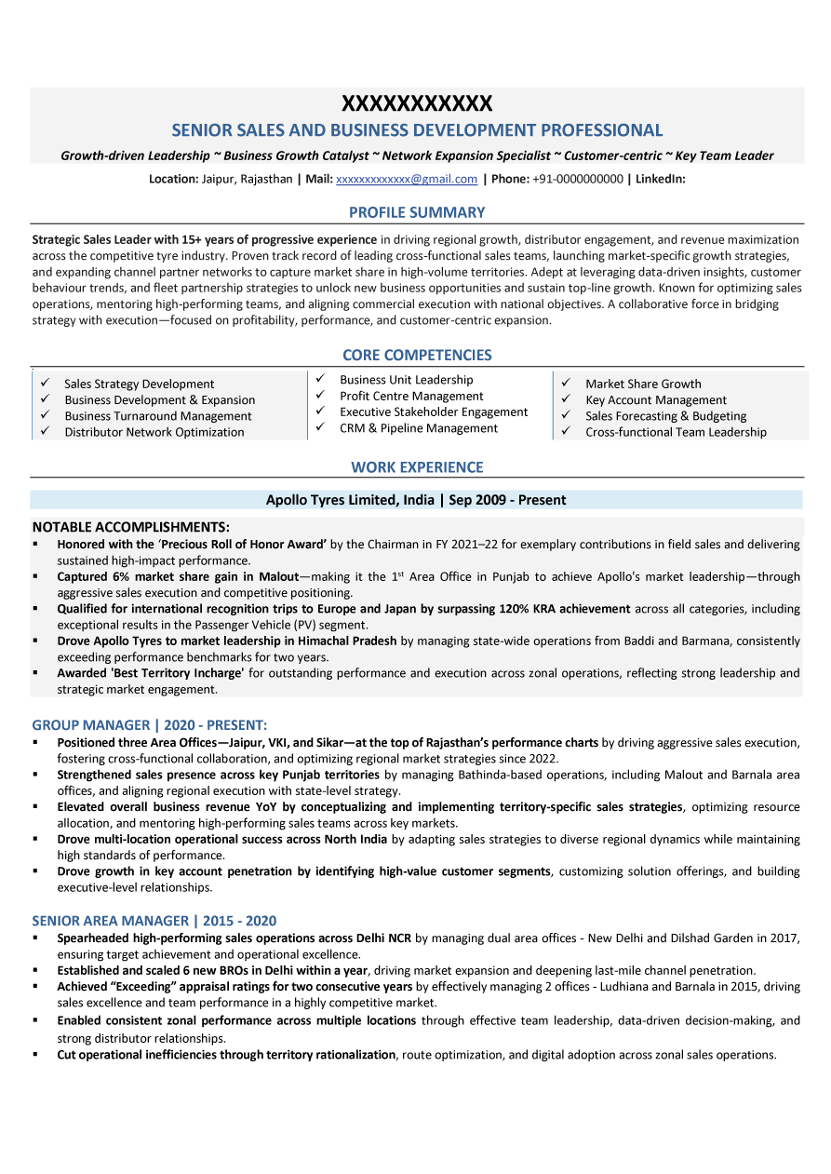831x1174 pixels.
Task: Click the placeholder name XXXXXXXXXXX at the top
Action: (x=416, y=103)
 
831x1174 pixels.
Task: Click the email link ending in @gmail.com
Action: (x=406, y=179)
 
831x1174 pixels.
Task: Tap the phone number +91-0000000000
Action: (x=578, y=179)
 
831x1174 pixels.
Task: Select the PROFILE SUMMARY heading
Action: (x=416, y=212)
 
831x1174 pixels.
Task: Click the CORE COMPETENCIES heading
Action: (x=416, y=355)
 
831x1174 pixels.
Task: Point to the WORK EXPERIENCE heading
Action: (x=416, y=467)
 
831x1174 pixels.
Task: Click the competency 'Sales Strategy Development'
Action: (x=139, y=384)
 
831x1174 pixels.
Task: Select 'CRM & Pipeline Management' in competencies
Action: (x=419, y=428)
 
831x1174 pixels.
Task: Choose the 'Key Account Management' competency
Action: (x=655, y=400)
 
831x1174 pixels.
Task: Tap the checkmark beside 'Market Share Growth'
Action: (x=565, y=383)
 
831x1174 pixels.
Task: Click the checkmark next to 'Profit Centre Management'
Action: (x=319, y=396)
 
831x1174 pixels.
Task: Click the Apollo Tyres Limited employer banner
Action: (x=416, y=500)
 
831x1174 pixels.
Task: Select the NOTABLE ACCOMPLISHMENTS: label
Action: (x=130, y=527)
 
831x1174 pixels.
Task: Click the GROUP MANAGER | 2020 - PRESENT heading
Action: (x=150, y=724)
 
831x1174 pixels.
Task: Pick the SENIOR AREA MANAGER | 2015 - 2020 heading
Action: (x=154, y=921)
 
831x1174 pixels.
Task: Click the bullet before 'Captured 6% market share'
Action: (x=36, y=577)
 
